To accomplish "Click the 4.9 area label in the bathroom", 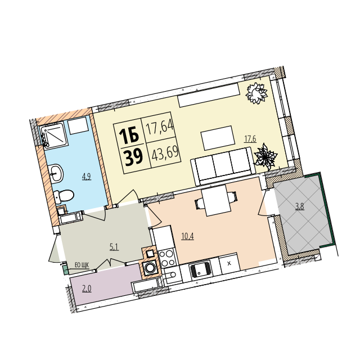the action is [87, 177].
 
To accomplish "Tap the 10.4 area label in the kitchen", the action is [187, 236].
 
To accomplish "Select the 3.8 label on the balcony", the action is [300, 206].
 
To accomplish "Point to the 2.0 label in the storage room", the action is [87, 289].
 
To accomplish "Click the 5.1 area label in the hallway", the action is [114, 247].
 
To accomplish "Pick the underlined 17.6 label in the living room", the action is [250, 139].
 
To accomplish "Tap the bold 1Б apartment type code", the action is [129, 135].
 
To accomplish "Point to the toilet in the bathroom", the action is [64, 196].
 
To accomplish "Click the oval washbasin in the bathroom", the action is [56, 174].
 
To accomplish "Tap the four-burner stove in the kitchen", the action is [166, 258].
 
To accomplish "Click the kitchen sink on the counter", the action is [201, 271].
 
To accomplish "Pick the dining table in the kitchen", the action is [216, 201].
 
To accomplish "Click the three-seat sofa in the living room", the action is [223, 166].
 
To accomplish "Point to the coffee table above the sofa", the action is [218, 138].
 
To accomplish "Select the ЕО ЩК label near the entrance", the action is [82, 265].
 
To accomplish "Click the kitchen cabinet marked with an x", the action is [229, 264].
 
